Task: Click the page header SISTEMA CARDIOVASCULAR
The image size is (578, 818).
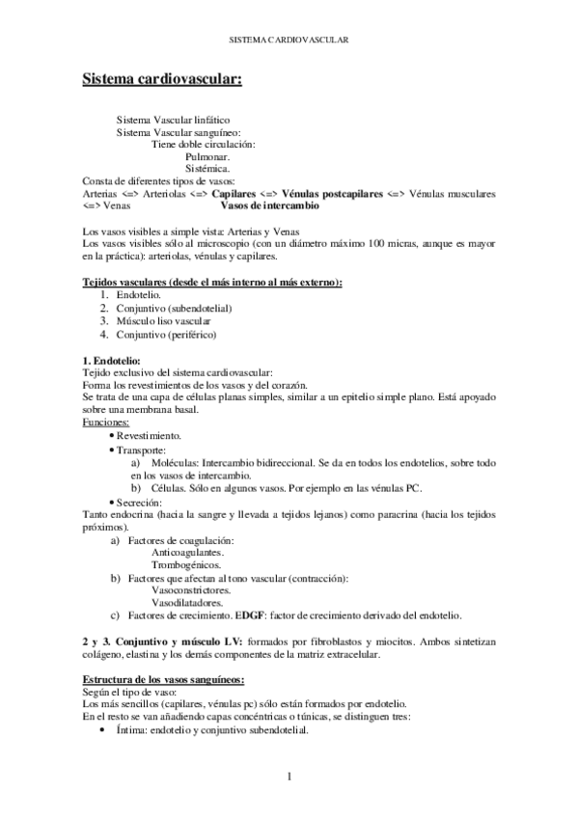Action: pos(289,41)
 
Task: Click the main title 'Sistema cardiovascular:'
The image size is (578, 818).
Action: pos(161,78)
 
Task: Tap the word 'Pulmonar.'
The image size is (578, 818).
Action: pos(207,156)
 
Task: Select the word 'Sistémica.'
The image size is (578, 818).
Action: pos(207,169)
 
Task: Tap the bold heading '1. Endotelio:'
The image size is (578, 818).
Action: pos(114,360)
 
